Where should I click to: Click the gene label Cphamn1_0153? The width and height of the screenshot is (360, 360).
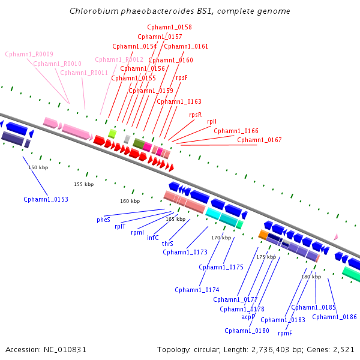[x=46, y=199]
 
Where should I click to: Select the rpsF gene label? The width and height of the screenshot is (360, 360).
[x=181, y=77]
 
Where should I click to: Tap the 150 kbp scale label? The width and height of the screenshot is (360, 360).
[x=38, y=167]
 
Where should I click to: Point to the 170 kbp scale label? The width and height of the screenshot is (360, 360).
[x=221, y=238]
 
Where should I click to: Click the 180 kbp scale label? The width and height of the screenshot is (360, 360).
[x=311, y=277]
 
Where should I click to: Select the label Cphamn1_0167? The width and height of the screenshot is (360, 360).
[x=259, y=140]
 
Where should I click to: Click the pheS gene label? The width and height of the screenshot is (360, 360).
[x=103, y=220]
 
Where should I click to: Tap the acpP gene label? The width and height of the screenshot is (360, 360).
[x=248, y=316]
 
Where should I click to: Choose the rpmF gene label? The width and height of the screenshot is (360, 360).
[x=285, y=333]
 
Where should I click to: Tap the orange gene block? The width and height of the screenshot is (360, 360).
[x=263, y=234]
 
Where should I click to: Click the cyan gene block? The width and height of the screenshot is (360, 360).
[x=213, y=214]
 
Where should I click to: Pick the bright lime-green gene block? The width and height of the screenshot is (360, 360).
[x=112, y=133]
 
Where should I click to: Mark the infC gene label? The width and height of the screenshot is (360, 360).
[x=153, y=238]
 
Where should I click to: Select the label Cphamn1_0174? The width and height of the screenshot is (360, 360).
[x=197, y=290]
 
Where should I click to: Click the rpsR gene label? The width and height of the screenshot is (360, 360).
[x=195, y=115]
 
